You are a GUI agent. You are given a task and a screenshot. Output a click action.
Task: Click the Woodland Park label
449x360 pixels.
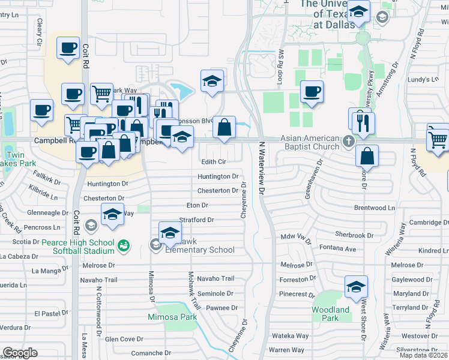pyautogui.click(x=330, y=314)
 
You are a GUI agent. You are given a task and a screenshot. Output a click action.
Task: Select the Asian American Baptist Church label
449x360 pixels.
pyautogui.click(x=310, y=142)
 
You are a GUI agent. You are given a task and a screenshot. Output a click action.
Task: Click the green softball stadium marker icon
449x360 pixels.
pyautogui.click(x=124, y=245)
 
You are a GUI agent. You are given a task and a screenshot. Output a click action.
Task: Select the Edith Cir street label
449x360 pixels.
pyautogui.click(x=213, y=162)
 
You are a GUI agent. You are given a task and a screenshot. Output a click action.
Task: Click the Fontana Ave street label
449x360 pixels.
pyautogui.click(x=337, y=249)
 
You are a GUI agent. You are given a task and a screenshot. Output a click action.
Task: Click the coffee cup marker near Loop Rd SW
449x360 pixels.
pyautogui.click(x=312, y=91)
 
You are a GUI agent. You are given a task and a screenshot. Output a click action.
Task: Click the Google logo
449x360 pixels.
pyautogui.click(x=20, y=353)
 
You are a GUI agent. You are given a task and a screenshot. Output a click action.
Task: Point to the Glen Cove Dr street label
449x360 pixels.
pyautogui.click(x=124, y=339)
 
